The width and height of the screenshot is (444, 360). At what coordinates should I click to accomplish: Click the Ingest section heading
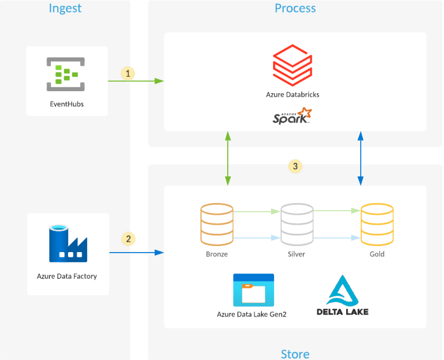pos(65,8)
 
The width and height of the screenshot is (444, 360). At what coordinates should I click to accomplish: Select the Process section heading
pos(295,8)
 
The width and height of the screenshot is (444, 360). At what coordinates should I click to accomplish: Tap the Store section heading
pos(295,354)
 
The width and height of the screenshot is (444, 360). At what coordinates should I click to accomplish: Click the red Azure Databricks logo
pos(293,66)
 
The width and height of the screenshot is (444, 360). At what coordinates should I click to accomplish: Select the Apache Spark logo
pos(292,116)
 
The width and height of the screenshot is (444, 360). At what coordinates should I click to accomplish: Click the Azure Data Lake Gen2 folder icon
pos(253,290)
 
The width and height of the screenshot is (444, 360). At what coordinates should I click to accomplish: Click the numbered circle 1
pos(128,74)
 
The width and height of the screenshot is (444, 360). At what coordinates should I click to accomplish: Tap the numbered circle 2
pos(128,239)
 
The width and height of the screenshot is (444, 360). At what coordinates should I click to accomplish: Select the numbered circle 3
pos(295,166)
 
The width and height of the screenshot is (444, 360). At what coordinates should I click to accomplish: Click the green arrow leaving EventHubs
pos(135,81)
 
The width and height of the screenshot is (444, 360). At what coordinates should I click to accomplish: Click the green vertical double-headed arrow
pos(228,158)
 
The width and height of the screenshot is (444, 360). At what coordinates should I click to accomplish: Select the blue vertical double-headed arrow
pos(361,158)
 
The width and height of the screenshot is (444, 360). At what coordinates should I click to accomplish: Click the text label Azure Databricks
pos(293,95)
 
